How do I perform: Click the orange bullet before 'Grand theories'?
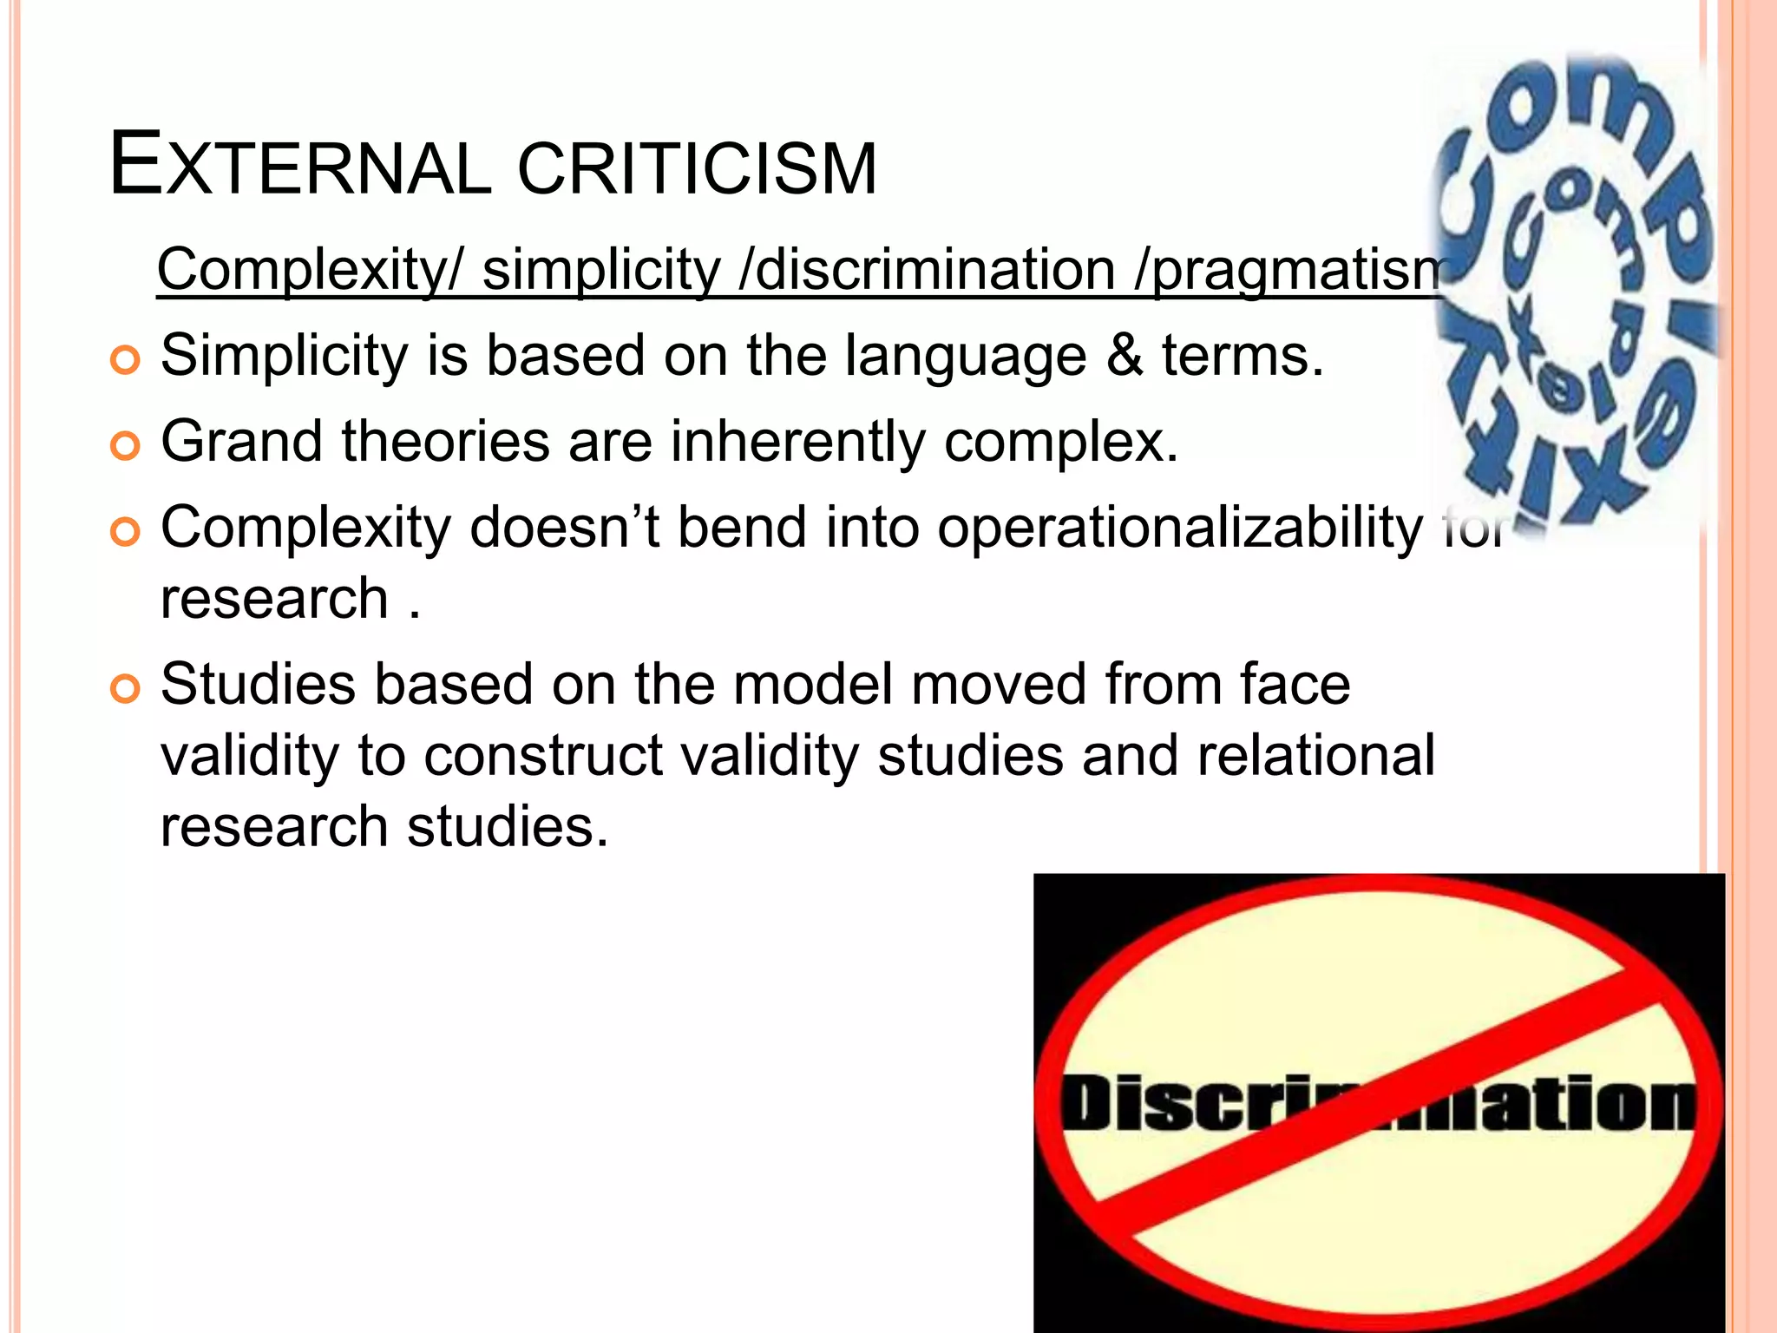click(x=126, y=446)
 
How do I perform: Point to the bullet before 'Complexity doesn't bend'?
click(x=126, y=532)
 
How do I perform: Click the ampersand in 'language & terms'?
click(x=1125, y=356)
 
